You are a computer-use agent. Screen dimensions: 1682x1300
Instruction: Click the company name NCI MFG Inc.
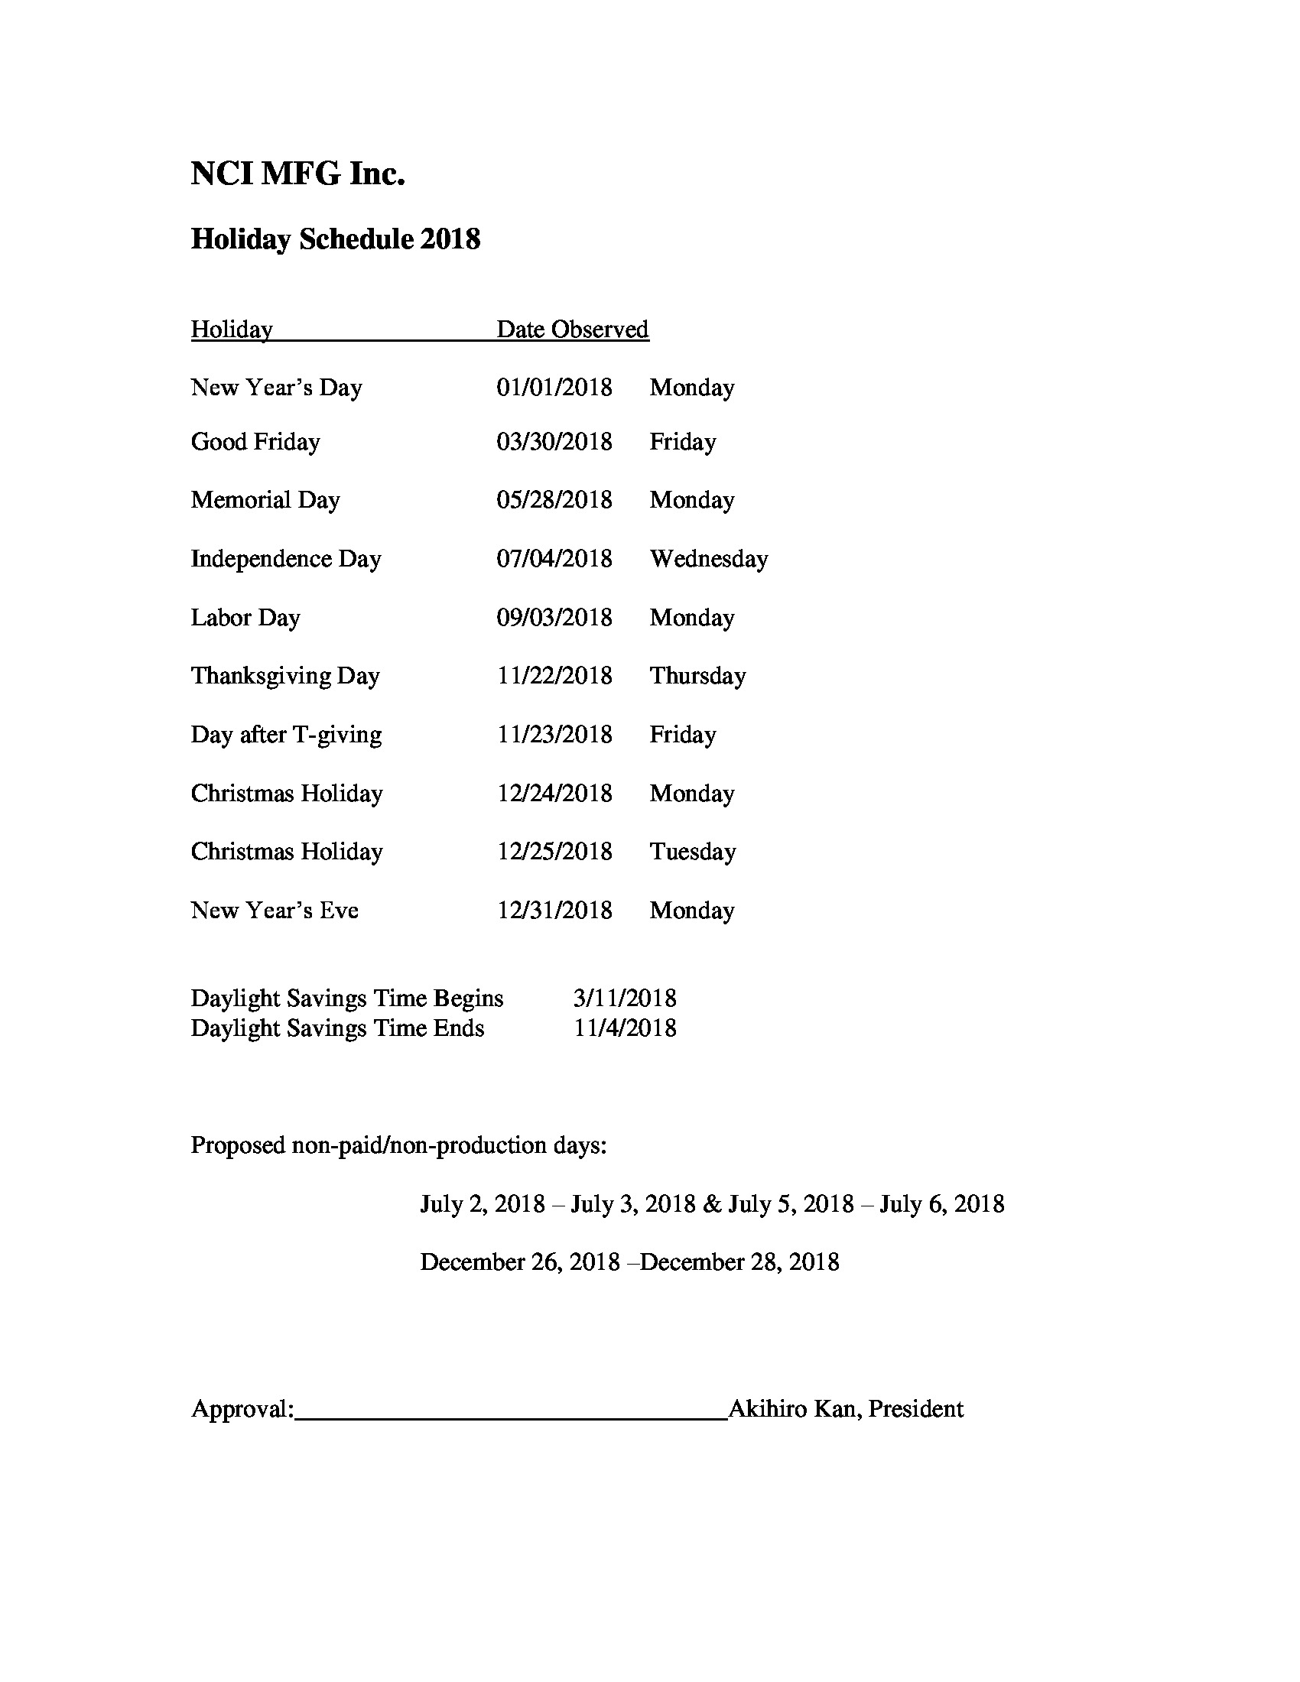(297, 174)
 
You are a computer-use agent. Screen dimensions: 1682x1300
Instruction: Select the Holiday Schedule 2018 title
(335, 239)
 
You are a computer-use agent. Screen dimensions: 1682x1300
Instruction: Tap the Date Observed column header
(571, 330)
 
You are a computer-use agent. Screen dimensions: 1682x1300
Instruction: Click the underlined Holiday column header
(232, 330)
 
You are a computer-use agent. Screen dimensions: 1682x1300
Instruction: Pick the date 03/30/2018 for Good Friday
(554, 442)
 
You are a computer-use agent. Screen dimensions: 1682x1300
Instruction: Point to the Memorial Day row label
(265, 500)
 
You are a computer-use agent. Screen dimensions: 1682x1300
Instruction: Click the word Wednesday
(708, 559)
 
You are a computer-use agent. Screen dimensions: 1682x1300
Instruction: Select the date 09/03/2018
(554, 618)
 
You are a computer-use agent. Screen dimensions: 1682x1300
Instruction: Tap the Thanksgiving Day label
(285, 676)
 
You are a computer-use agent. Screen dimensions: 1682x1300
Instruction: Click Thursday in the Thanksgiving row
(697, 676)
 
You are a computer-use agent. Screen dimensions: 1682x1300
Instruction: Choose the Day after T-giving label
(286, 735)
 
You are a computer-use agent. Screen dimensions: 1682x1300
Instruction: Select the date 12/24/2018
(554, 794)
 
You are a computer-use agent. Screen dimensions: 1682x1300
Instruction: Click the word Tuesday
(691, 852)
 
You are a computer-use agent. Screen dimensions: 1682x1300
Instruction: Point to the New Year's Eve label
(275, 911)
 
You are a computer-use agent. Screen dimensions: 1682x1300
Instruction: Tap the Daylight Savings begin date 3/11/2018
(625, 998)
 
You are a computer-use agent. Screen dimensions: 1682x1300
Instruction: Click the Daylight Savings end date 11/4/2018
(625, 1028)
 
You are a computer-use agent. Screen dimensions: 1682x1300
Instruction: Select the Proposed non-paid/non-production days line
(398, 1145)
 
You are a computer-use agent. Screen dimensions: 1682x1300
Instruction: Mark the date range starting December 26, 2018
(629, 1262)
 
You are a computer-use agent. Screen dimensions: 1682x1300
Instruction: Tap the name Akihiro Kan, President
(845, 1408)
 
